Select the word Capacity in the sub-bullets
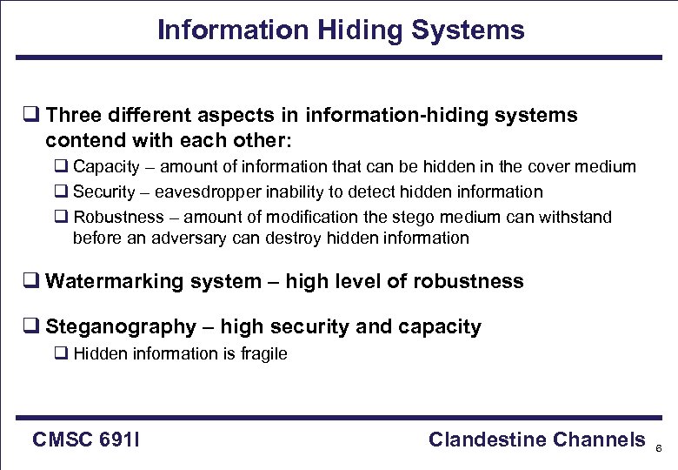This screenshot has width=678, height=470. pyautogui.click(x=106, y=166)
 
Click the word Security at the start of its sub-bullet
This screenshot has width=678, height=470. pyautogui.click(x=104, y=191)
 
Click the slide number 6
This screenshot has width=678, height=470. pyautogui.click(x=659, y=448)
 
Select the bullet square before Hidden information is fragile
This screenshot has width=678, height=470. pyautogui.click(x=61, y=353)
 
